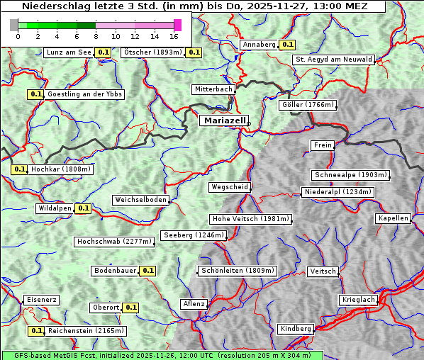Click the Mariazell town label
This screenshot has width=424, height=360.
tap(224, 120)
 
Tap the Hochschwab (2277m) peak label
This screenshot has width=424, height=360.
tap(114, 242)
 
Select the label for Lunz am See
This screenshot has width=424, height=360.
tap(68, 52)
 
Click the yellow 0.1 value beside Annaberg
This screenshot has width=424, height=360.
tap(287, 44)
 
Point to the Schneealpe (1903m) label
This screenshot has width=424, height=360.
tap(350, 175)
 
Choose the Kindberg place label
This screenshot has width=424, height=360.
tap(296, 329)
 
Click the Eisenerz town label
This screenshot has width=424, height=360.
tap(40, 300)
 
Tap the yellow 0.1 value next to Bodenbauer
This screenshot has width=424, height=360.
tap(147, 270)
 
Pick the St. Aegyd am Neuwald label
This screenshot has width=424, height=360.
tap(333, 60)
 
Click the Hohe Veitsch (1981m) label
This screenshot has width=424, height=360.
tap(250, 219)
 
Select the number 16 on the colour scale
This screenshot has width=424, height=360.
tap(174, 35)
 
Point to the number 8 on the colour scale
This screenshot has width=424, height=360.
tap(96, 35)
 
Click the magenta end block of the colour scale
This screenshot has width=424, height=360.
tap(177, 25)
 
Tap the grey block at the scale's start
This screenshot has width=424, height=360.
tap(14, 25)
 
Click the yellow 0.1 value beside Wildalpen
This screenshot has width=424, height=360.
tap(83, 208)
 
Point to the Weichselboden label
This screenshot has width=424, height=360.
tap(140, 200)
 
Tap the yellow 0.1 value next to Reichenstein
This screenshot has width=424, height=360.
tap(36, 330)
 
